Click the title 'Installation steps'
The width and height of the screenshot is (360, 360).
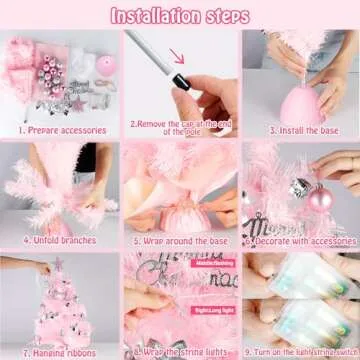pyautogui.click(x=180, y=15)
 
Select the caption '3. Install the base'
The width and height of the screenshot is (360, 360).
pyautogui.click(x=299, y=130)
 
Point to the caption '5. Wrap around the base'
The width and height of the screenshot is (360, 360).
pyautogui.click(x=179, y=240)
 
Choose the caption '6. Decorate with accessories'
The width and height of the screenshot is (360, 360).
pyautogui.click(x=299, y=240)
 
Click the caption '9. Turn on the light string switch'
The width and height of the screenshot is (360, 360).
pyautogui.click(x=299, y=353)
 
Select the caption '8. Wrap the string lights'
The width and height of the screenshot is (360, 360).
pyautogui.click(x=179, y=353)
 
